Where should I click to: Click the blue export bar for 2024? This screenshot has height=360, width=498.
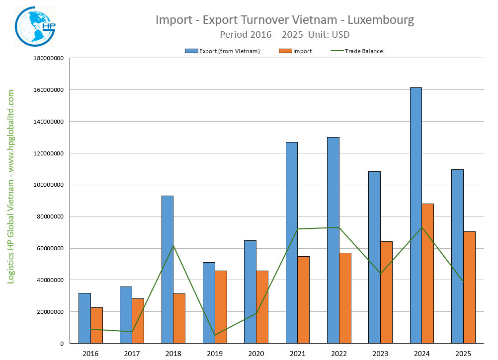click(x=415, y=216)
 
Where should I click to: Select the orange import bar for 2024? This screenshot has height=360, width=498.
click(x=427, y=273)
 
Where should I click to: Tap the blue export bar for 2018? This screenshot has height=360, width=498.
click(x=167, y=269)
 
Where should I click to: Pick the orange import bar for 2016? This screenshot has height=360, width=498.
click(x=96, y=325)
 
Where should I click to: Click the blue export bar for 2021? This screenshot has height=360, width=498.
click(x=292, y=242)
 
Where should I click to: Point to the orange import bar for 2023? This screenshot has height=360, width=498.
click(x=386, y=292)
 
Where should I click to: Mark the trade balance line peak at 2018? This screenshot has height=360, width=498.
click(x=173, y=246)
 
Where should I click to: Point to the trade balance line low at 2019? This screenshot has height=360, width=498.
click(x=215, y=335)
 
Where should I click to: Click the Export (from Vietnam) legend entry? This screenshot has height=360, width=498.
click(x=222, y=51)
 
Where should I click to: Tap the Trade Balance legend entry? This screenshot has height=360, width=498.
click(x=356, y=51)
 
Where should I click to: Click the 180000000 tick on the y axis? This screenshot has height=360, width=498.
click(x=48, y=58)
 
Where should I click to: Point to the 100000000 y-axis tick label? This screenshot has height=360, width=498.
click(x=48, y=185)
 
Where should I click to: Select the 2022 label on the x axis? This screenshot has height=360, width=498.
click(x=339, y=353)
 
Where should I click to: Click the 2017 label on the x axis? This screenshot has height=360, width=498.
click(x=132, y=353)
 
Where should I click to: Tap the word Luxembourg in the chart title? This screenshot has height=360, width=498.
click(x=380, y=20)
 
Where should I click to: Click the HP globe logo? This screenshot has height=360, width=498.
click(x=35, y=26)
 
